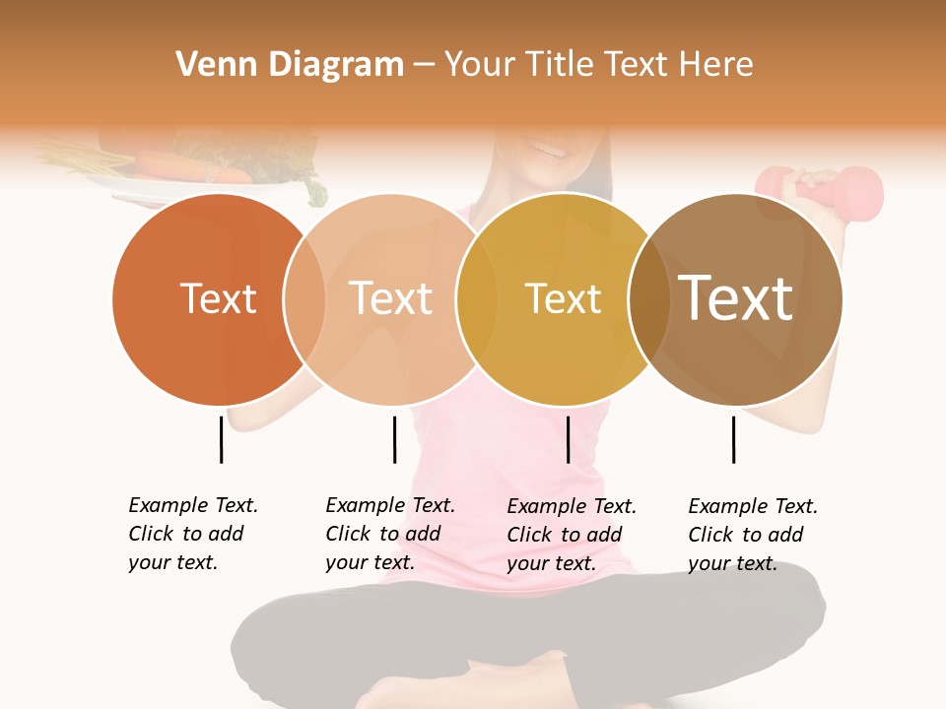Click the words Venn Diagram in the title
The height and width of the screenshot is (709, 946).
point(290,65)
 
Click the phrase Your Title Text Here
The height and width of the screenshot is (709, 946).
point(598,65)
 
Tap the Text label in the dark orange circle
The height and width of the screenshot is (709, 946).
point(219,298)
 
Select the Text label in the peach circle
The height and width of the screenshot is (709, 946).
point(391,298)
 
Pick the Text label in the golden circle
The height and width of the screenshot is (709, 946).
point(563,299)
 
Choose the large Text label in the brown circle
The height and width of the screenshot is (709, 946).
point(736,297)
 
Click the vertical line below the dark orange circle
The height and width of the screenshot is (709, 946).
point(221,439)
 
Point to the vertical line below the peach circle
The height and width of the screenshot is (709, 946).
point(394,439)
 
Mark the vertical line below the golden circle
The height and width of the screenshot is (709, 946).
point(568,439)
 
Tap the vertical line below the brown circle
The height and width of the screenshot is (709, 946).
point(733,439)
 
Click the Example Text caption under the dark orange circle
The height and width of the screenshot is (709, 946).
point(193,534)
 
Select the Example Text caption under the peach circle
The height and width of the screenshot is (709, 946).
point(390,534)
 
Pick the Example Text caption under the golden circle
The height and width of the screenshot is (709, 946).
point(572,535)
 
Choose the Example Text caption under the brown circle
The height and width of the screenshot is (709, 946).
point(753,535)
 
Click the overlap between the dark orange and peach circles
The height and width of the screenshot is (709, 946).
point(304,299)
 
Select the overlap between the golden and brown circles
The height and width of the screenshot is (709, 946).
point(648,299)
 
